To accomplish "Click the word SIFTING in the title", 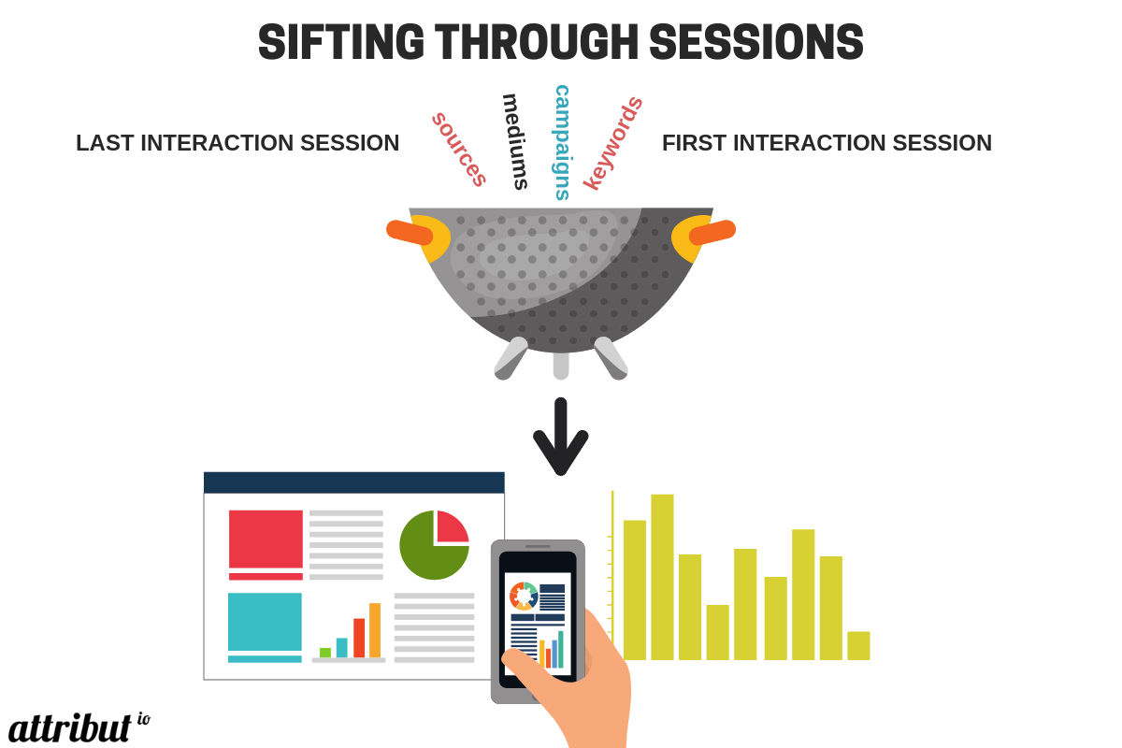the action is point(341,42).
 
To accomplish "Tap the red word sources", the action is point(459,150).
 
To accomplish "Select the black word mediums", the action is point(515,142).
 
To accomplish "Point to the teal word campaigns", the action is point(562,143).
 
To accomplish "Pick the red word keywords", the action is point(613,143).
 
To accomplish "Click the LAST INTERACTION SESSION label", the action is point(237,143).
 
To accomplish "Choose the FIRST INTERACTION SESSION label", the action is point(827,143).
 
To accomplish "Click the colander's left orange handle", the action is point(410,233).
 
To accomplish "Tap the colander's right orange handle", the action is point(712,233).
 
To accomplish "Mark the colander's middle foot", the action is point(561,366).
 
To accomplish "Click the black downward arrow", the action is point(560,437).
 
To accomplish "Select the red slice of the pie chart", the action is point(453,526).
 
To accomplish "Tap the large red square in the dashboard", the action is point(266,539).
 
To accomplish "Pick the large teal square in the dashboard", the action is point(265,622).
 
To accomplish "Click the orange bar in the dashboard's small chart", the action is point(375,630).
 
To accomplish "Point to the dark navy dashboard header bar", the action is point(354,482).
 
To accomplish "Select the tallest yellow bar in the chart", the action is point(662,577).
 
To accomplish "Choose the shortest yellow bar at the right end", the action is point(858,646).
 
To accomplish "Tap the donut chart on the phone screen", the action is point(524,597).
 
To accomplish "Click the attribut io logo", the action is point(79,727).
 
